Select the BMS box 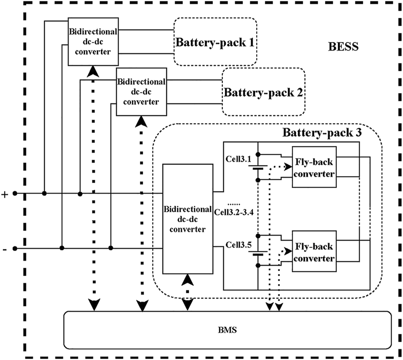click(227, 329)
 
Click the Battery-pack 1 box click(215, 42)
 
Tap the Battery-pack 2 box click(263, 92)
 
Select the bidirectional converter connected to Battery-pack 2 click(142, 91)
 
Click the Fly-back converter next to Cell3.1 click(314, 167)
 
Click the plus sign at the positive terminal click(5, 194)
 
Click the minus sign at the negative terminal click(5, 250)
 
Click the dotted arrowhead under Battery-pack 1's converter click(93, 71)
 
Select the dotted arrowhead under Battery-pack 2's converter click(142, 121)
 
